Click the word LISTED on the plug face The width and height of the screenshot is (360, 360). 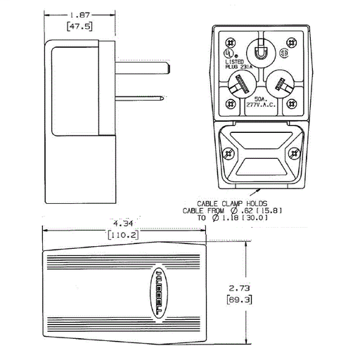(x=234, y=61)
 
